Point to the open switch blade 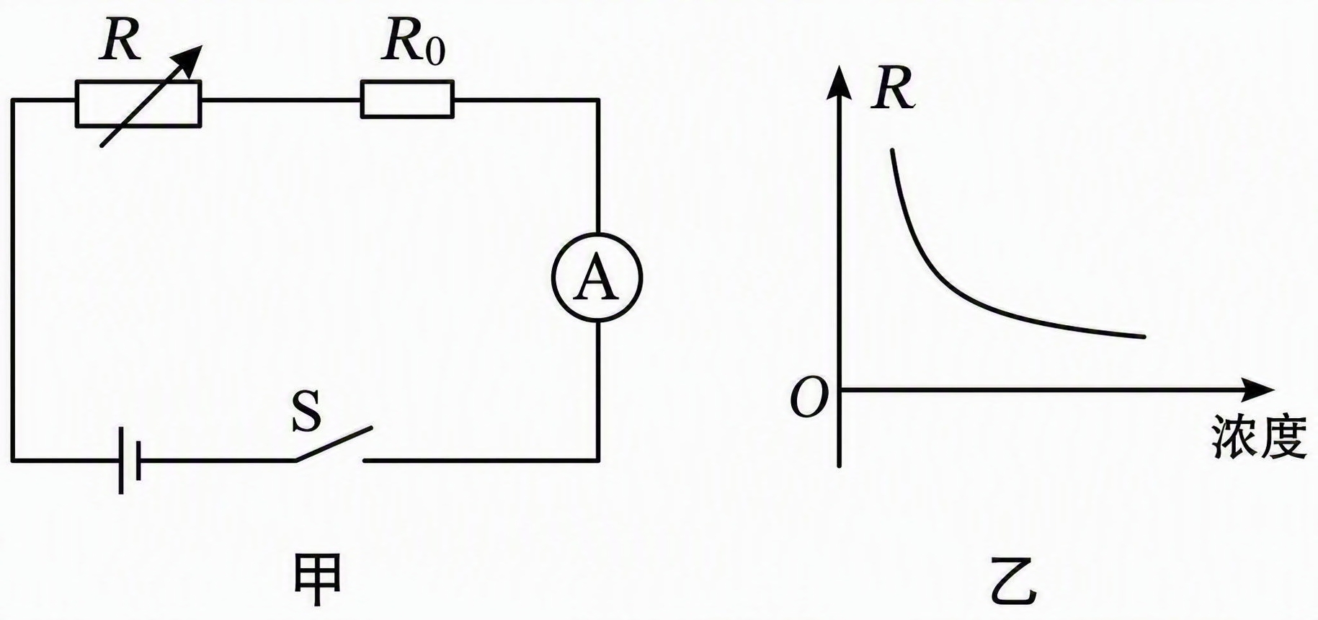tap(333, 443)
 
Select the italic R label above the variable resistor tap(120, 41)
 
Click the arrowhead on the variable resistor tap(190, 60)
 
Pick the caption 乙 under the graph tap(1014, 581)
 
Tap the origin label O tap(809, 398)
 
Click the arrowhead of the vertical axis tap(839, 84)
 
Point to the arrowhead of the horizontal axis tap(1257, 390)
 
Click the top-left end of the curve tap(893, 150)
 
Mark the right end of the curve tap(1144, 336)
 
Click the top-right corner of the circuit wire tap(598, 99)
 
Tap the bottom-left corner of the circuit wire tap(12, 459)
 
